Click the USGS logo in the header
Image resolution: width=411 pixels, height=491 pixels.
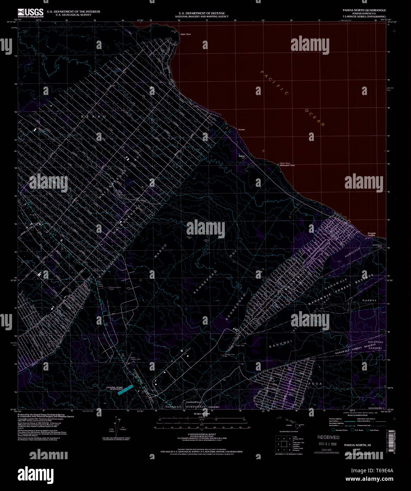[31, 13]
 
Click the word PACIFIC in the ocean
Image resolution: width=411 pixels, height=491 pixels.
[275, 83]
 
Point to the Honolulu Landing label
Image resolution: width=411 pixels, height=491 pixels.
[371, 234]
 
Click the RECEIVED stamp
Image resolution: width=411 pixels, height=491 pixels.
[328, 437]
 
